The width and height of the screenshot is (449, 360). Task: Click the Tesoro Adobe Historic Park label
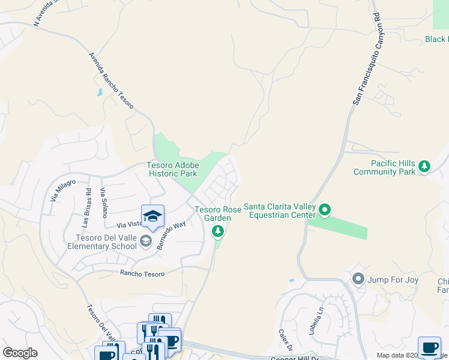coord(172,169)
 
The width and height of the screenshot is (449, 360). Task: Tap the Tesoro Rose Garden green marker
coord(218,231)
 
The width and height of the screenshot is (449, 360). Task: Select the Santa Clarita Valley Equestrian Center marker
coord(325,210)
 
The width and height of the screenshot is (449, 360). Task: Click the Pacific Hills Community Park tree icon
coord(424,166)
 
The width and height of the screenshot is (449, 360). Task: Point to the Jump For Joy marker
coord(358,278)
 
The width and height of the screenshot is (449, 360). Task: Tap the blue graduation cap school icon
coord(152,217)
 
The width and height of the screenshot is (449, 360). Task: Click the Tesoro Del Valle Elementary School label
coord(102,242)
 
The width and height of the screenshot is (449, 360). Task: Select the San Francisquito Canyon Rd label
coord(366,59)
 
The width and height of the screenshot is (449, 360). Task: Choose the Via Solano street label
coord(103,202)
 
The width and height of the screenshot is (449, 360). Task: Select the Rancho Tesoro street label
coord(142,273)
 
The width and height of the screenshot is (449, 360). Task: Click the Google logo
coord(20,353)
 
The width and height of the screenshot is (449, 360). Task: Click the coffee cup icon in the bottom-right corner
coord(429,348)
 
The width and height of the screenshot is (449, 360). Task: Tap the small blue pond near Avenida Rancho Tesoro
coord(99,93)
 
